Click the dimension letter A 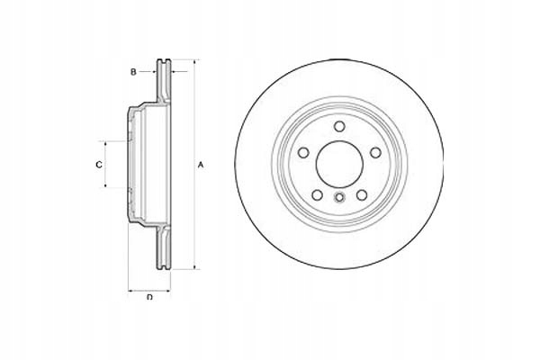click(x=202, y=165)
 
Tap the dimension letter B click(x=133, y=70)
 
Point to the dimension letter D click(x=149, y=298)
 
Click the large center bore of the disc click(x=338, y=165)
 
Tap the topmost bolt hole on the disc click(x=338, y=127)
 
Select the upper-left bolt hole click(x=303, y=152)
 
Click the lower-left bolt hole click(x=316, y=194)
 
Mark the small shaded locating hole click(x=338, y=199)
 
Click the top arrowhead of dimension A click(x=193, y=63)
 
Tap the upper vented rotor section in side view click(x=165, y=81)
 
